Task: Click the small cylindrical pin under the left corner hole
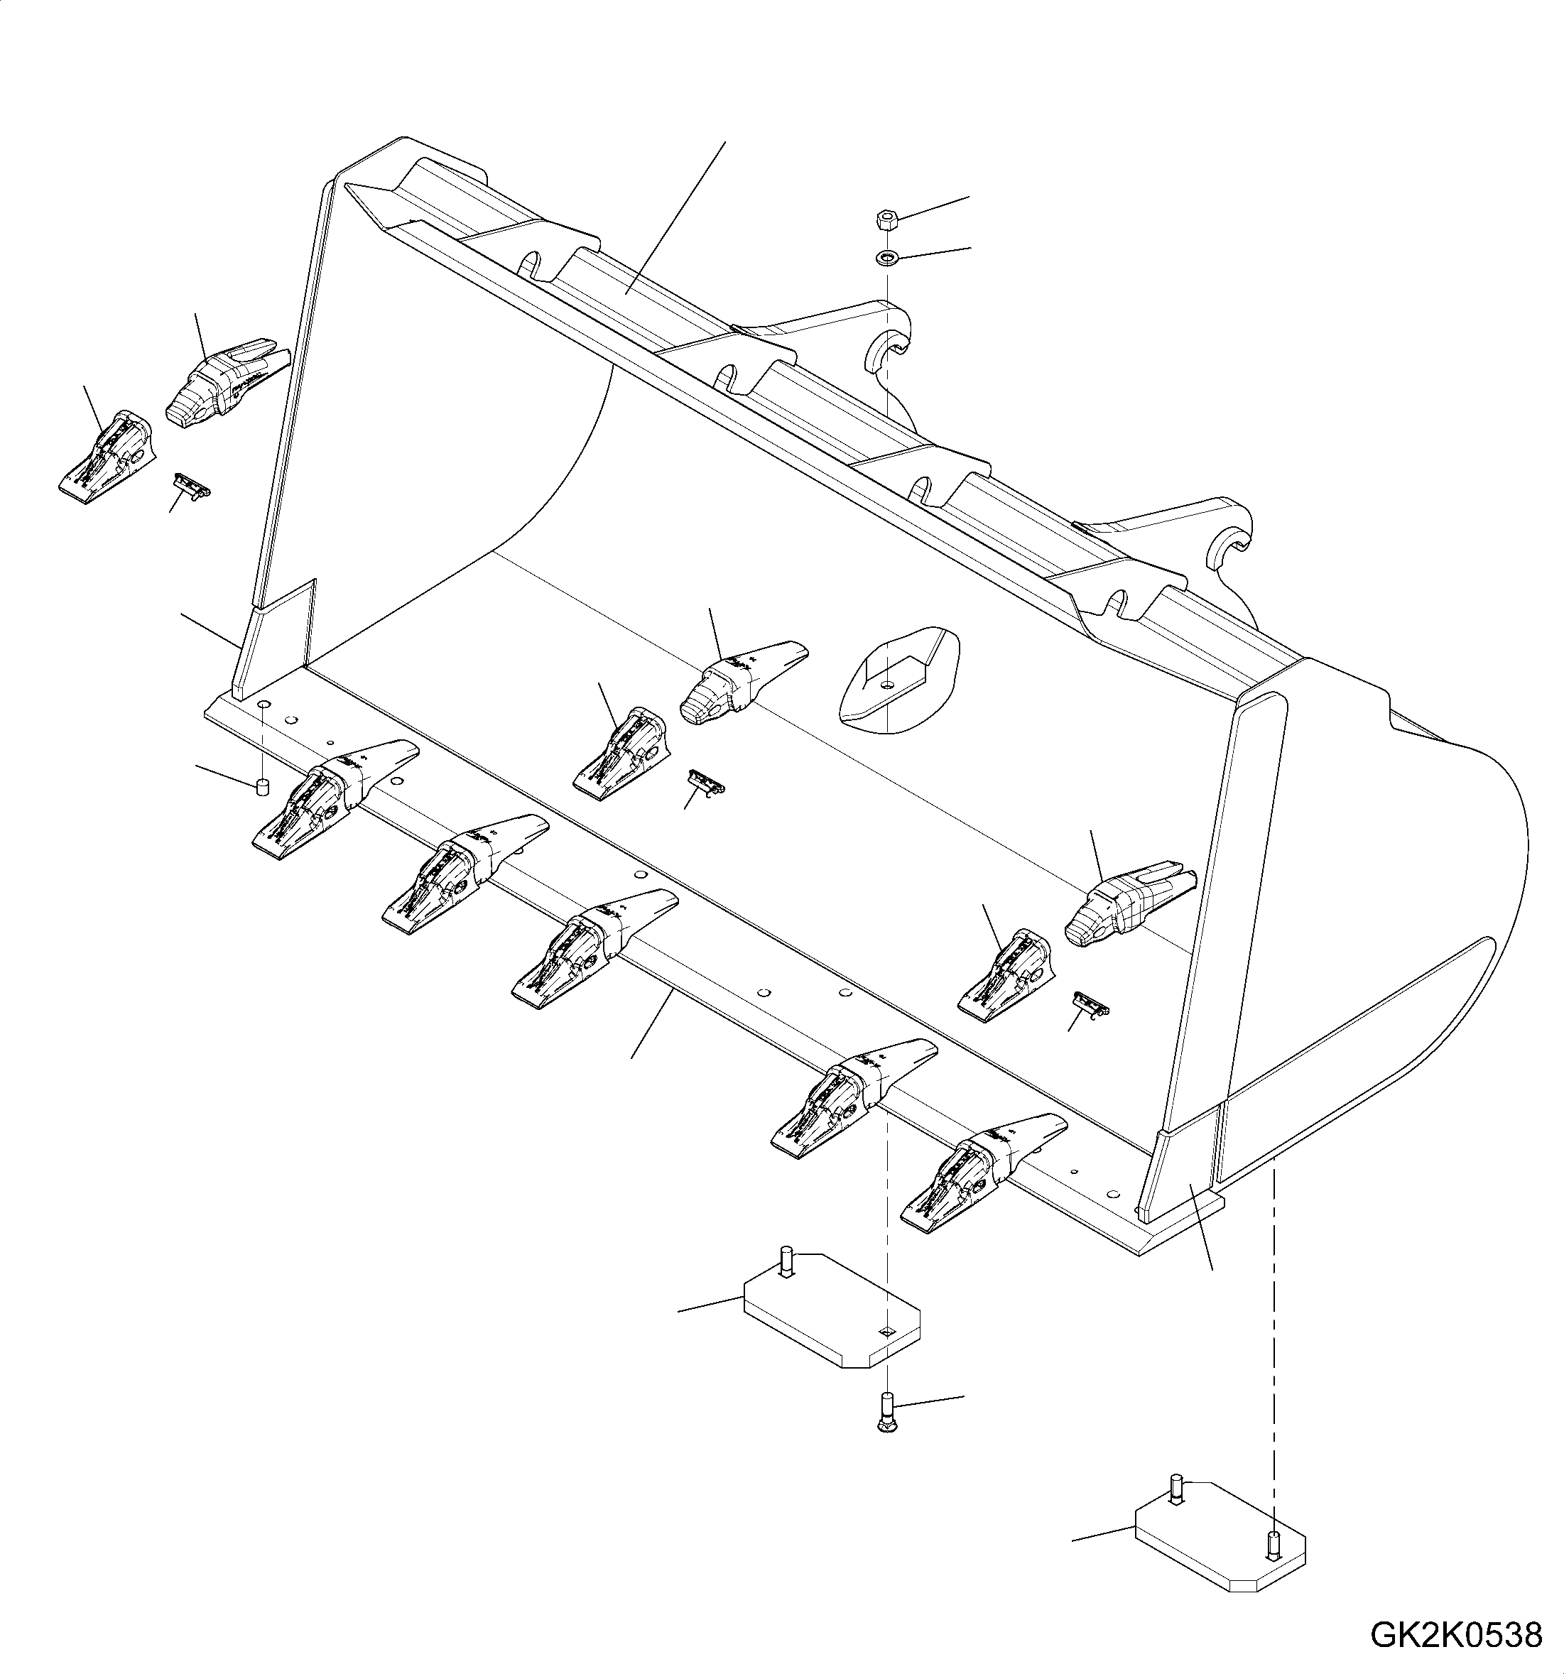tap(262, 786)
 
